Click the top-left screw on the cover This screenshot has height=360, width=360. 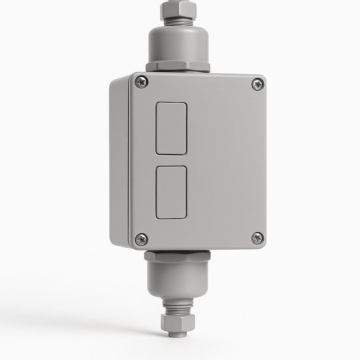[141, 83]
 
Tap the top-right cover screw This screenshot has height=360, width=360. [258, 84]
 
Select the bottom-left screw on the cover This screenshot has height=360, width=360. [141, 239]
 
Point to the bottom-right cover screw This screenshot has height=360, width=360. [258, 238]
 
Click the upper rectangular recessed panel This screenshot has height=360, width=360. [171, 128]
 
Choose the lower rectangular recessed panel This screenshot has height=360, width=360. [171, 192]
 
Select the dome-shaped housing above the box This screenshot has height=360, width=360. [178, 44]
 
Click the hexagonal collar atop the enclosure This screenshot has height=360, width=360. [178, 66]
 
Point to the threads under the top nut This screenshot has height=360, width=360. [178, 22]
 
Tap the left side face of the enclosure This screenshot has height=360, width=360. [118, 162]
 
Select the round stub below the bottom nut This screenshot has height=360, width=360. [178, 334]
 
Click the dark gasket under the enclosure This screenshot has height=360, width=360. [177, 251]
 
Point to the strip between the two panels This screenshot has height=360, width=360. [171, 160]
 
